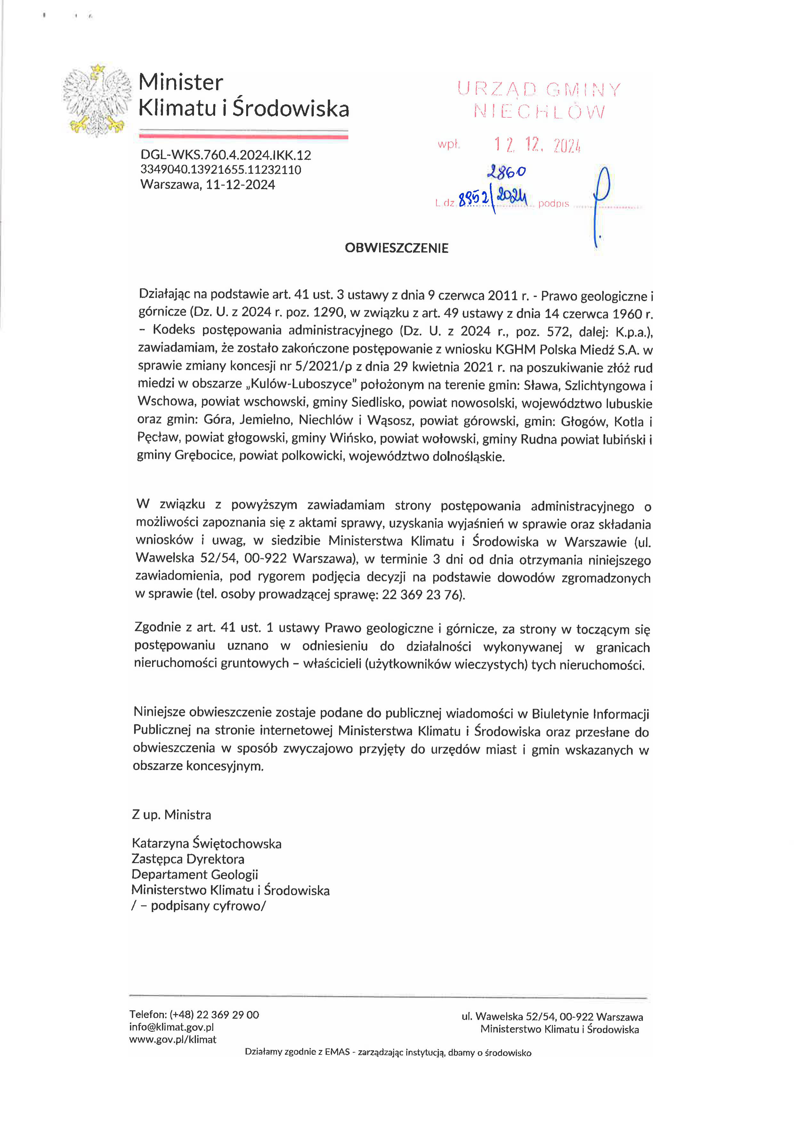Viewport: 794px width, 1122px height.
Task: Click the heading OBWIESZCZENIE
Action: (x=396, y=248)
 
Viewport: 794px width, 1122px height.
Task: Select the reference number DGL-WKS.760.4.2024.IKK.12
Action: (x=226, y=155)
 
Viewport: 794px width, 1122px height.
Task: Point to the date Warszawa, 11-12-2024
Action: (x=208, y=185)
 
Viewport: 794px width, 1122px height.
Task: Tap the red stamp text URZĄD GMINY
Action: (x=539, y=90)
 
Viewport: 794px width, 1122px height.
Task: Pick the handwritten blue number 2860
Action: (x=506, y=171)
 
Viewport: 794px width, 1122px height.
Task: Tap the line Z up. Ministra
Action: (x=172, y=815)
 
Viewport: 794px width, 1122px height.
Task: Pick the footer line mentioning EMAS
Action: (x=388, y=1053)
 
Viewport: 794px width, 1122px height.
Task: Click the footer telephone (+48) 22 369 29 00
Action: (x=194, y=1015)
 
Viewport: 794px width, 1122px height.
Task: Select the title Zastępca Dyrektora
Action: (x=188, y=859)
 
